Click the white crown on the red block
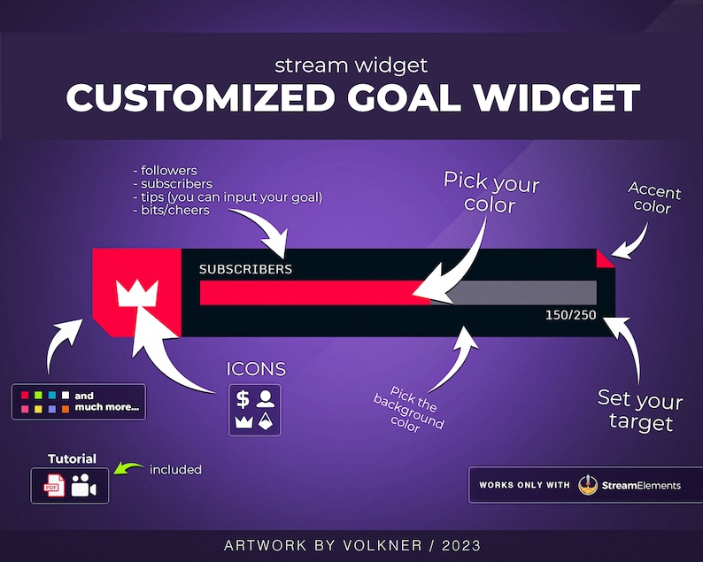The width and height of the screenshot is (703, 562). tap(136, 293)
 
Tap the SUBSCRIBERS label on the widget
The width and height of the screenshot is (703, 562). tap(245, 269)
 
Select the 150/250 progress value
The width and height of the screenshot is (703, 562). tap(570, 315)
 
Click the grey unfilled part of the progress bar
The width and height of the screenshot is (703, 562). tap(522, 293)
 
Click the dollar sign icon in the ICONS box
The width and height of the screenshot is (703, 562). tap(243, 399)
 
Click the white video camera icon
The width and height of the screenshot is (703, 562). tap(86, 485)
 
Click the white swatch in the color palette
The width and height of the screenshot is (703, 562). tap(66, 395)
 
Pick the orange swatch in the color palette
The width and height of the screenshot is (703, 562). tap(66, 409)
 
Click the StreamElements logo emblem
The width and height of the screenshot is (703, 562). tap(587, 485)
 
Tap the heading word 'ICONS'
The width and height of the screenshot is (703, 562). tap(256, 369)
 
